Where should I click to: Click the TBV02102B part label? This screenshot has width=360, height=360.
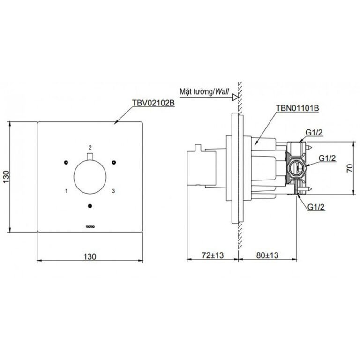pyautogui.click(x=153, y=103)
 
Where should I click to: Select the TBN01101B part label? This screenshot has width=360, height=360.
pyautogui.click(x=297, y=108)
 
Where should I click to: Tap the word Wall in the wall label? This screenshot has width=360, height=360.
pyautogui.click(x=222, y=91)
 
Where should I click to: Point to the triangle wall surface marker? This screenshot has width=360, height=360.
pyautogui.click(x=235, y=97)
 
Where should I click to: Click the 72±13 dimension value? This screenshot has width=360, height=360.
pyautogui.click(x=213, y=255)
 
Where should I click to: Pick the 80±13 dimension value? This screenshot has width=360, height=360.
pyautogui.click(x=267, y=255)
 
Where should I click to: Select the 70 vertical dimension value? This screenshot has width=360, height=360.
pyautogui.click(x=350, y=168)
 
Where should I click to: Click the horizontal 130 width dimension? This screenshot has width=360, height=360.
pyautogui.click(x=90, y=256)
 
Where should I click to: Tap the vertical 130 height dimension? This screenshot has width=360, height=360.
pyautogui.click(x=6, y=177)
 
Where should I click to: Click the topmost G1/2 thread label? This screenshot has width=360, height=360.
pyautogui.click(x=314, y=133)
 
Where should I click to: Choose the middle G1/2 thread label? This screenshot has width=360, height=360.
pyautogui.click(x=327, y=158)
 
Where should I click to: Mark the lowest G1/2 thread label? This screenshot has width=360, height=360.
pyautogui.click(x=316, y=207)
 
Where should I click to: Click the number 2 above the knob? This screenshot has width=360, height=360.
pyautogui.click(x=90, y=147)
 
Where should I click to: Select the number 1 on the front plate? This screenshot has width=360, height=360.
pyautogui.click(x=67, y=191)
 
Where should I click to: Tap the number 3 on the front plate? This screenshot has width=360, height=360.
pyautogui.click(x=113, y=191)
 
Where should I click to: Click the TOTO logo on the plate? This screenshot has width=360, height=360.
pyautogui.click(x=90, y=227)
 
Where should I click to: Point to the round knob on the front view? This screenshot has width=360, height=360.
pyautogui.click(x=90, y=177)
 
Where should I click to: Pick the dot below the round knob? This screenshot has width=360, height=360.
pyautogui.click(x=90, y=206)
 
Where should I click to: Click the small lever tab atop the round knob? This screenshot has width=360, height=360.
pyautogui.click(x=90, y=157)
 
